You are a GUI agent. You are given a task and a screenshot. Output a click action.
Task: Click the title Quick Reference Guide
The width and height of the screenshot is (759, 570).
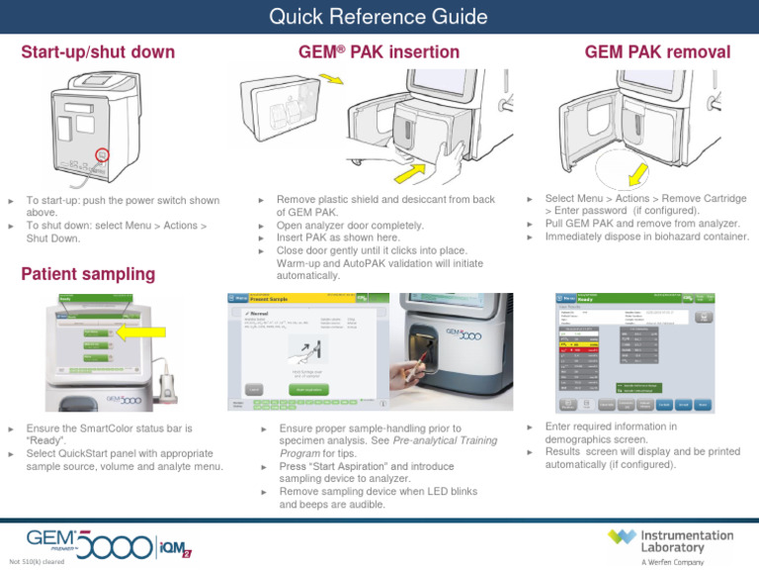point(379,17)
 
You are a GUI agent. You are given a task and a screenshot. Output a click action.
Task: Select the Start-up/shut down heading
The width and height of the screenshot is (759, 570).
point(98,51)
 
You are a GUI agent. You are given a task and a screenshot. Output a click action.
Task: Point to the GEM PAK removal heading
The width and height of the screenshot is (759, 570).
point(657,51)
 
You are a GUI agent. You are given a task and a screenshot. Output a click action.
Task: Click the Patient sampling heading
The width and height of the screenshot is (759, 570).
point(88,273)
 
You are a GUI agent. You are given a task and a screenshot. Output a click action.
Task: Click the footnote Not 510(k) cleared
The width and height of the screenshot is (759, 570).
point(37,561)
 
